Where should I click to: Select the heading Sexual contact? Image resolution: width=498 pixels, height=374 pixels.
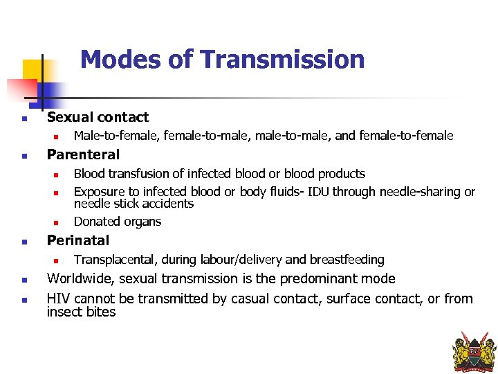tap(98, 117)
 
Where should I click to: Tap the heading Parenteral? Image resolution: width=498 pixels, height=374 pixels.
tap(83, 154)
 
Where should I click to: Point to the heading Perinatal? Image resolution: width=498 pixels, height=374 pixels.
tap(77, 240)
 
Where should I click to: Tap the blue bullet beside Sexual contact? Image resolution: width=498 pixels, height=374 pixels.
tap(24, 118)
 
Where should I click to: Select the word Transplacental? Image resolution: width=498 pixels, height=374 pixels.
tap(116, 260)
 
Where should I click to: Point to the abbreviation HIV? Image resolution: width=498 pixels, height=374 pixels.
tap(58, 299)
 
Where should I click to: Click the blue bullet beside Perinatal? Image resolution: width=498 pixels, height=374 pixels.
tap(24, 242)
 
